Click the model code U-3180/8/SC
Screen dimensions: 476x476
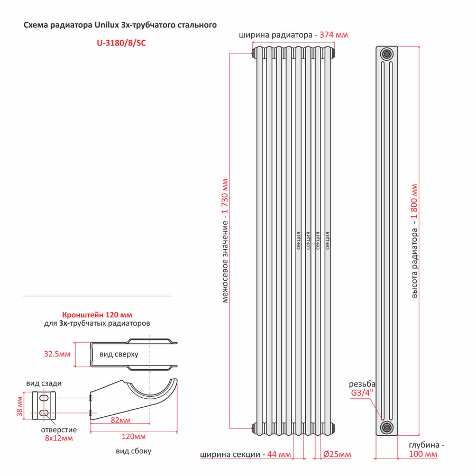point(121,43)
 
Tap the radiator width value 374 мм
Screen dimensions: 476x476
point(334,35)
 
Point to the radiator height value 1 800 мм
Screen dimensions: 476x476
point(414,202)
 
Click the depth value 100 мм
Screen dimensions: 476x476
point(423,454)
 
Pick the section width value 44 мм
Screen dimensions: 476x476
point(279,454)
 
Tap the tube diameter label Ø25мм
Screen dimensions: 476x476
point(337,454)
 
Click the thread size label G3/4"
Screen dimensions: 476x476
point(362,393)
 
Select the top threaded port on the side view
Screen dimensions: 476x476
point(387,54)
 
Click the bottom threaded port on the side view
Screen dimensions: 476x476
point(387,427)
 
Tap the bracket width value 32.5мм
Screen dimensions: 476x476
point(57,354)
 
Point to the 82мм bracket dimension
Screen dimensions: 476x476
point(121,420)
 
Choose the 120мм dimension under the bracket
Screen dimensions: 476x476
point(134,436)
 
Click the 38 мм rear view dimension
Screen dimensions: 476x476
point(20,406)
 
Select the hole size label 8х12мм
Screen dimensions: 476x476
point(59,438)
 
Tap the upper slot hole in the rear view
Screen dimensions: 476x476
point(44,398)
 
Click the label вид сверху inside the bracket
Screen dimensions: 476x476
point(118,354)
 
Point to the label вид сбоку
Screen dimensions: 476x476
point(134,451)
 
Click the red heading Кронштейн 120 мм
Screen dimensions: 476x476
point(97,315)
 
